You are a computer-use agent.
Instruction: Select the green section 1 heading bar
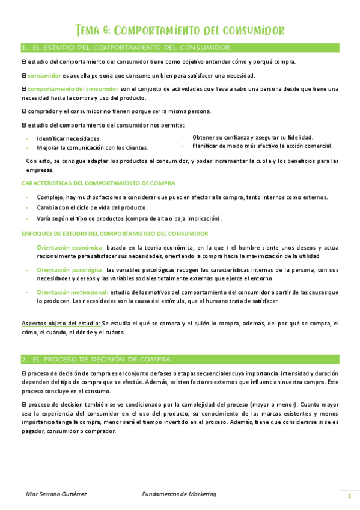(179, 47)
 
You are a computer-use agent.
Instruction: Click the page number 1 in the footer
(349, 496)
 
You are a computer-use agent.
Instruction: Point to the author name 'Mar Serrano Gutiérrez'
(56, 494)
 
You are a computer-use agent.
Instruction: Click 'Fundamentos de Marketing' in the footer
(179, 494)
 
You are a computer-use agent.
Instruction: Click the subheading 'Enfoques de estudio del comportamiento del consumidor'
(115, 233)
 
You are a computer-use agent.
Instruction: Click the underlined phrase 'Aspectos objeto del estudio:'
(61, 323)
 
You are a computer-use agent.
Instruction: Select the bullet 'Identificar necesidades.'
(69, 138)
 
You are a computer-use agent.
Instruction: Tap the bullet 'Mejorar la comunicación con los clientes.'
(93, 147)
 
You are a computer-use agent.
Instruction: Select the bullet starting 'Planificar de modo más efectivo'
(262, 146)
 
